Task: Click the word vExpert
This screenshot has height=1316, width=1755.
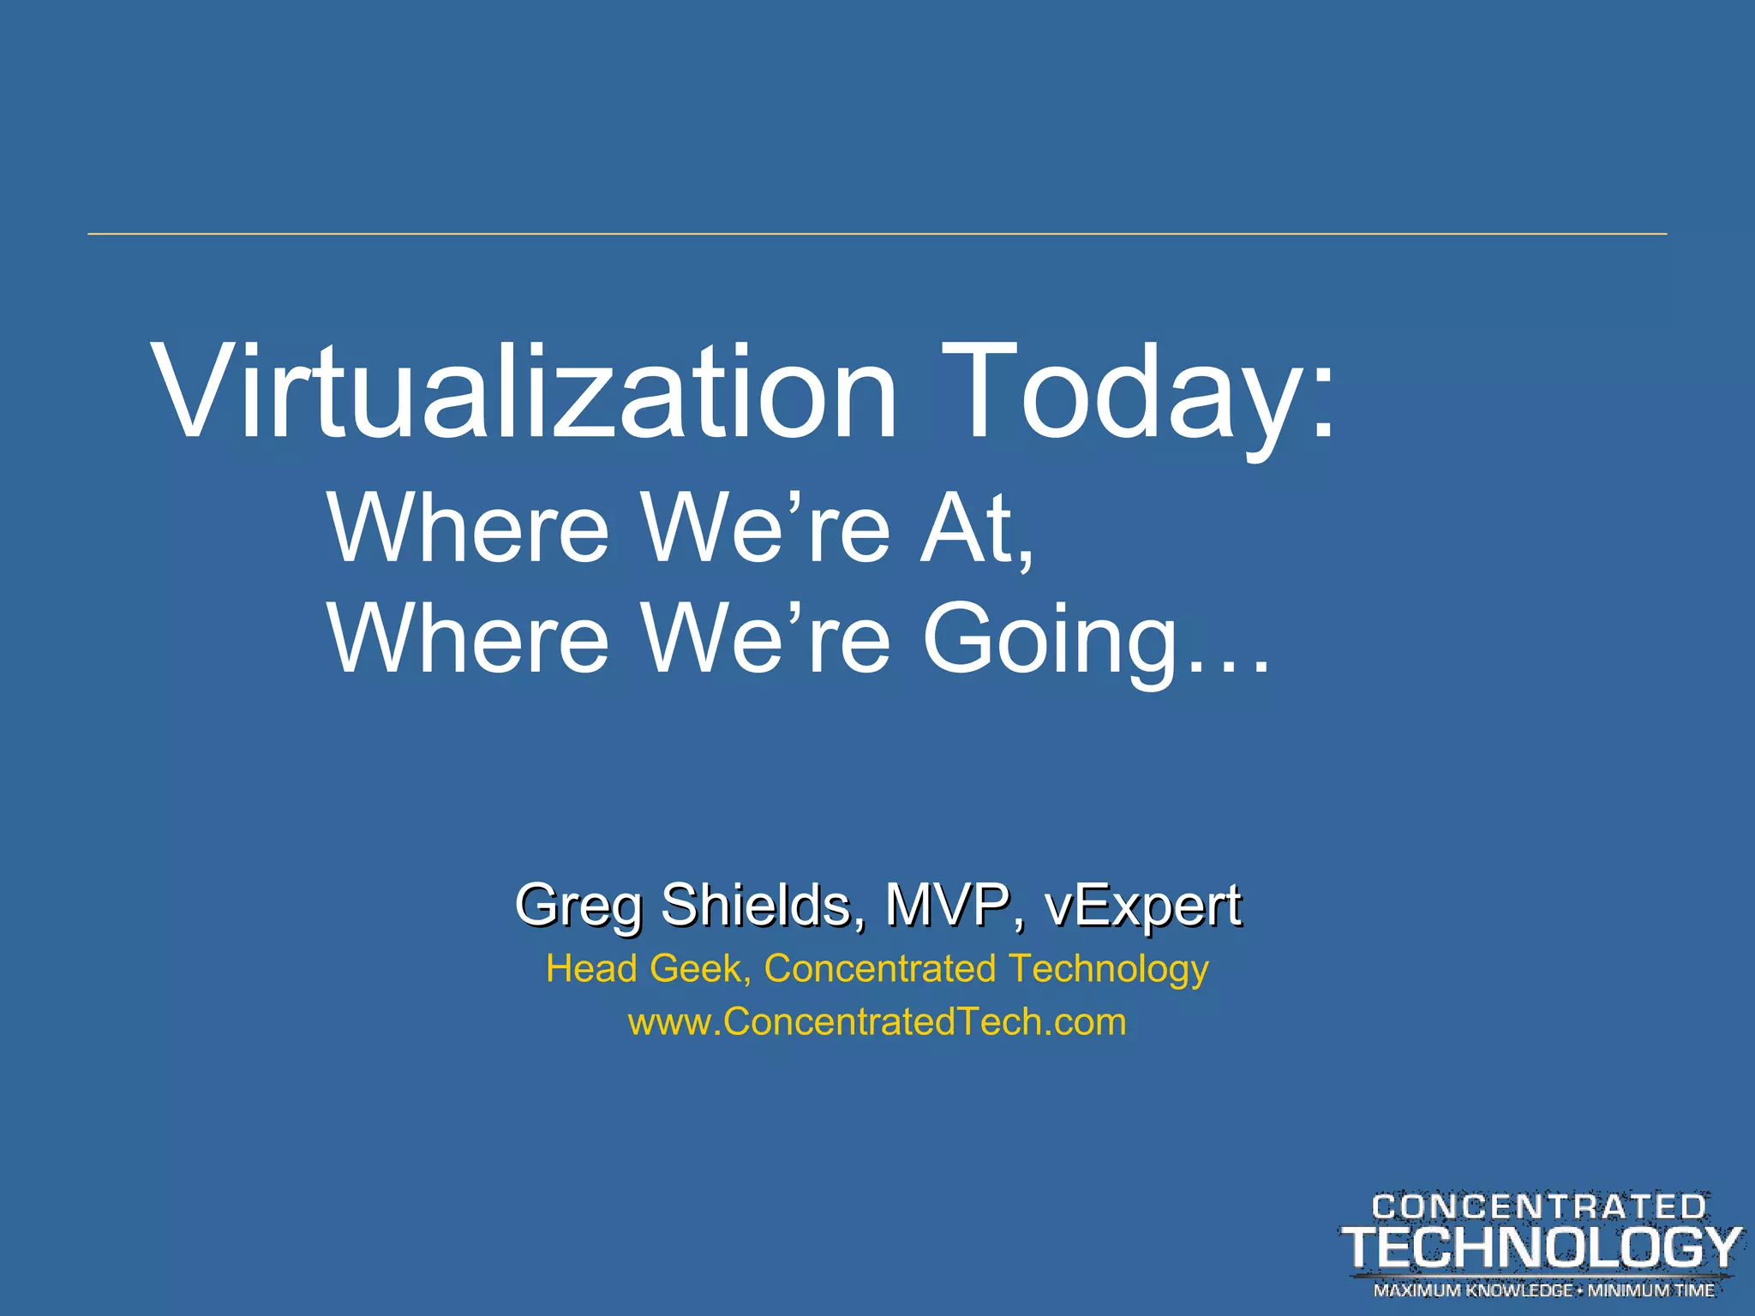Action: pyautogui.click(x=1142, y=906)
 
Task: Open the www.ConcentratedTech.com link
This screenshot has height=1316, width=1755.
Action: pyautogui.click(x=877, y=1022)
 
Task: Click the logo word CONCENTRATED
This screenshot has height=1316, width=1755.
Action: pyautogui.click(x=1539, y=1207)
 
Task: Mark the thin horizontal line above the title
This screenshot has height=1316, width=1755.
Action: pyautogui.click(x=877, y=233)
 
